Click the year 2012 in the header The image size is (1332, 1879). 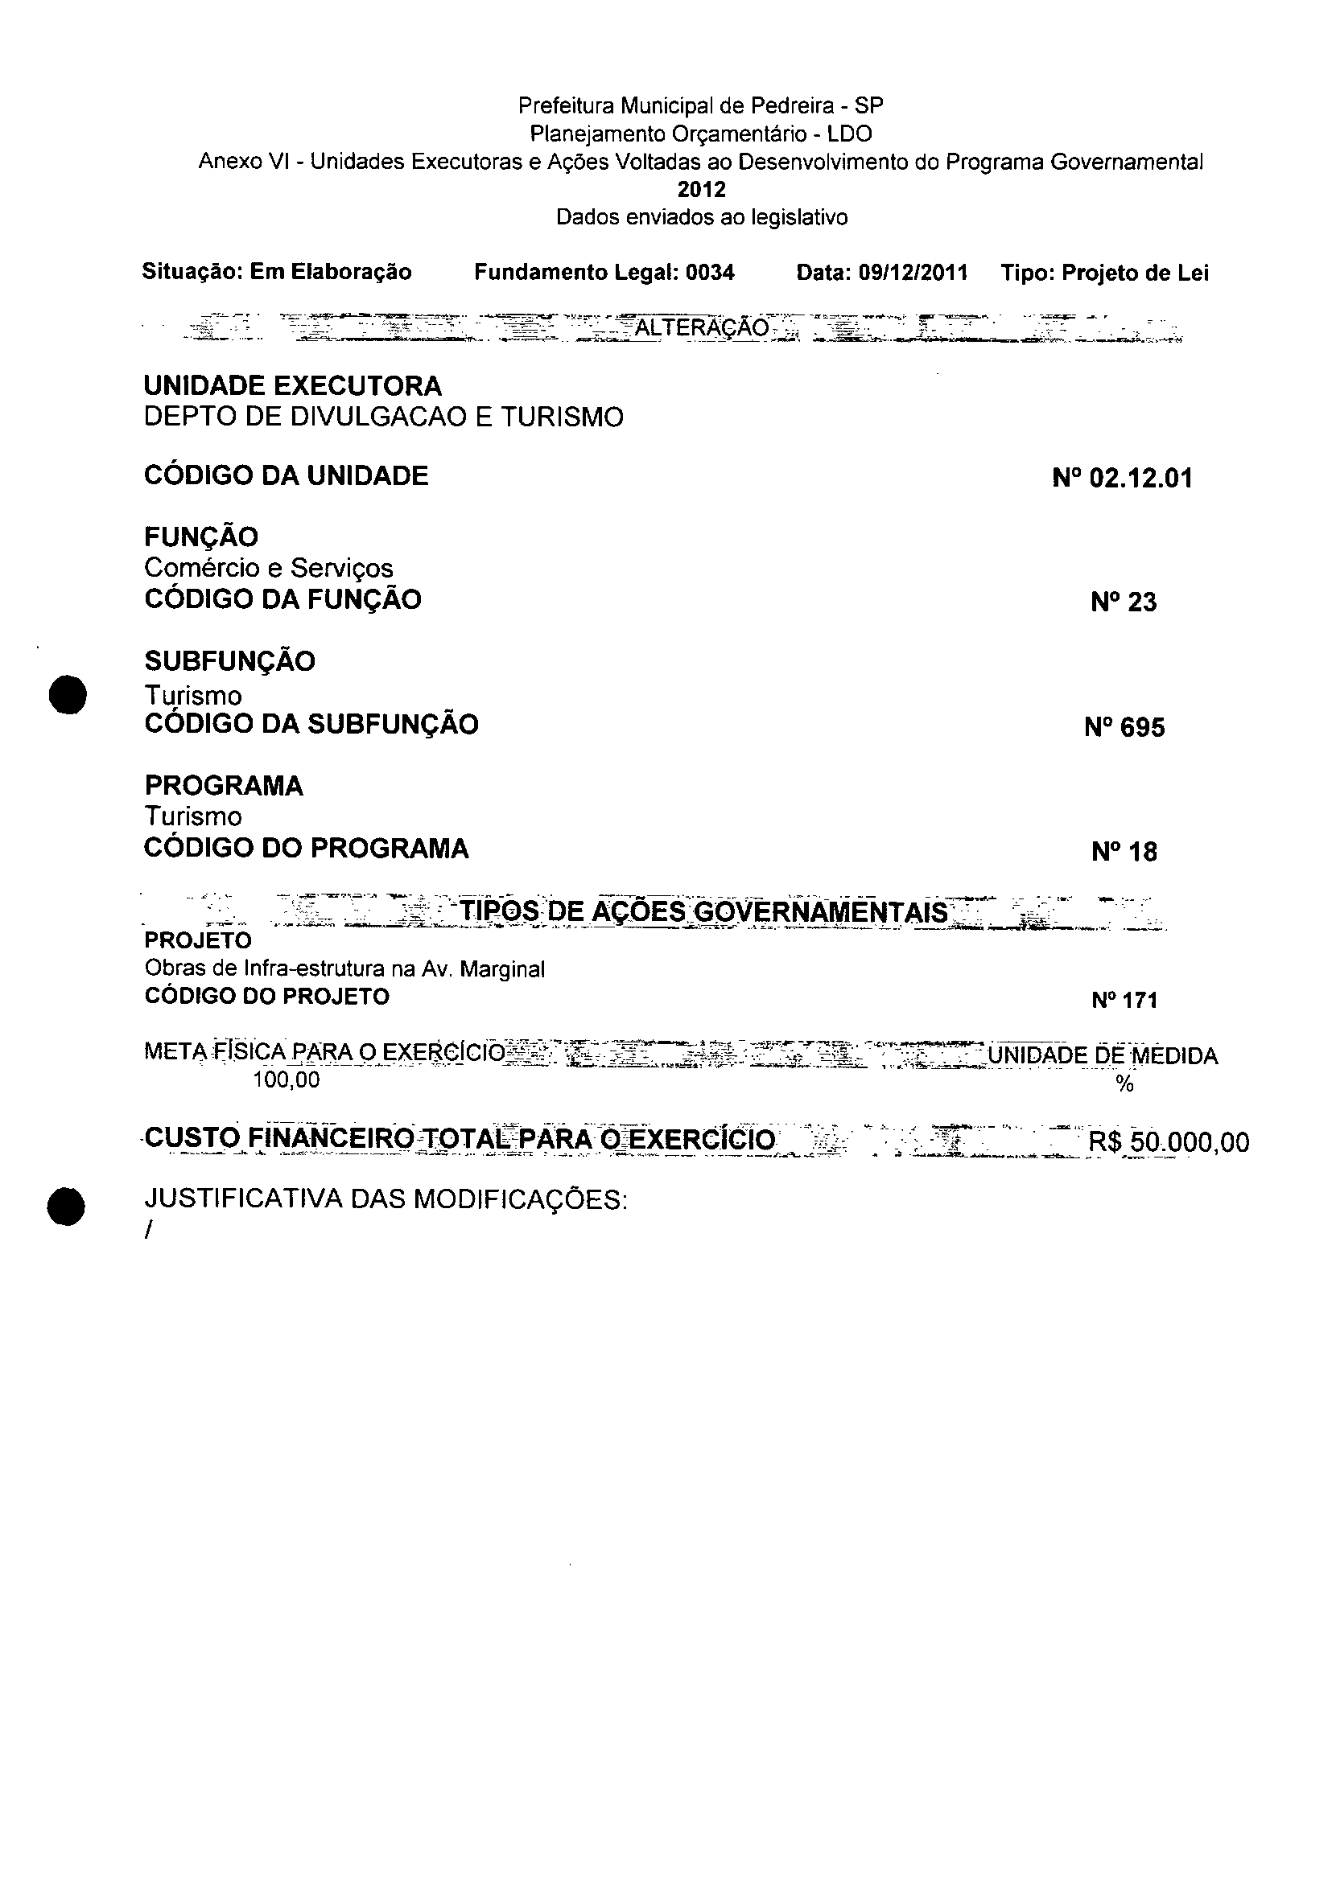tap(701, 190)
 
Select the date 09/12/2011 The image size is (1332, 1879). tap(913, 273)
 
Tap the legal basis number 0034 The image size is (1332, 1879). tap(711, 273)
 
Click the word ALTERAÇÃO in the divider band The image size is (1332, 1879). tap(702, 329)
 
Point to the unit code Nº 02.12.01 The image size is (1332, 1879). tap(1122, 478)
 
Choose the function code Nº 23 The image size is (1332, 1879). tap(1124, 602)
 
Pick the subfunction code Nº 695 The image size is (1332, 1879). tap(1124, 728)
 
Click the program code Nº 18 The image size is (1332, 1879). tap(1124, 853)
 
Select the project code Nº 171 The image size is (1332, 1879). tap(1124, 1000)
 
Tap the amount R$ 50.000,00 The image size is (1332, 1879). tap(1168, 1143)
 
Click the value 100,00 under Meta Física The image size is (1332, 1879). tap(287, 1080)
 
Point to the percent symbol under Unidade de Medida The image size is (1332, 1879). tap(1124, 1084)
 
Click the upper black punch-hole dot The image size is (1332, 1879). tap(67, 694)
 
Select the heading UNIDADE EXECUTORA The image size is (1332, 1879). tap(293, 386)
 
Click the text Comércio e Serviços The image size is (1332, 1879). tap(268, 568)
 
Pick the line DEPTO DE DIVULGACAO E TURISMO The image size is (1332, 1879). tap(383, 417)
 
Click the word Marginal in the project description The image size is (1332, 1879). tap(502, 970)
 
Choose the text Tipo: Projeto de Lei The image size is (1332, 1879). tap(1104, 273)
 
